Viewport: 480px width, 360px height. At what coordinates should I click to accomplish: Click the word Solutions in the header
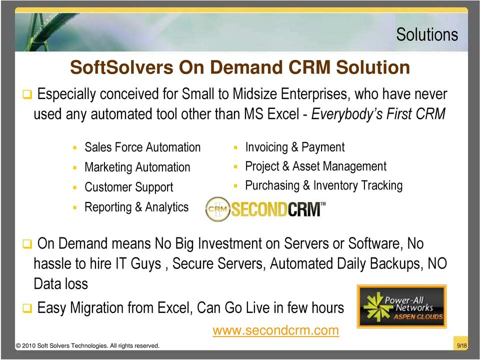click(x=427, y=34)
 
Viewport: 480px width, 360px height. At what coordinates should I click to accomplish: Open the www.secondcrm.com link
click(x=276, y=330)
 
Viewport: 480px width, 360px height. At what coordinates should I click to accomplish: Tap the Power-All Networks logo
click(x=401, y=306)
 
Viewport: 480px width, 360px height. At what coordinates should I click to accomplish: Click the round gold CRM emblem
click(x=217, y=209)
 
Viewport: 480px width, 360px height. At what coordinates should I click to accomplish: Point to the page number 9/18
click(x=462, y=345)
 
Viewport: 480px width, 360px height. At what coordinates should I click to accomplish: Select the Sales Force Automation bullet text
click(x=142, y=147)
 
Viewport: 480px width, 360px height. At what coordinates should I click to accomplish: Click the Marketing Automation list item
click(x=137, y=167)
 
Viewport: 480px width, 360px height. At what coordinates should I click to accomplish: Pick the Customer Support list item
click(x=129, y=187)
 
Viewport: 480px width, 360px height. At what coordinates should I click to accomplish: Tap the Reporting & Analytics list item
click(x=136, y=207)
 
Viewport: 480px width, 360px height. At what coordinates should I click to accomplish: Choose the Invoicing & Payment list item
click(x=295, y=147)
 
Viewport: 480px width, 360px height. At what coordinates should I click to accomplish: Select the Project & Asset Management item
click(x=315, y=166)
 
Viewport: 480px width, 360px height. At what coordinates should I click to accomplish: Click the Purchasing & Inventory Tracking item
click(x=324, y=185)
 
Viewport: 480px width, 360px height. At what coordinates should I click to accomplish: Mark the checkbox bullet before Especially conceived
click(x=27, y=94)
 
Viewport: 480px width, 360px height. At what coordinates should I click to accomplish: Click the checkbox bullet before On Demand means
click(x=27, y=244)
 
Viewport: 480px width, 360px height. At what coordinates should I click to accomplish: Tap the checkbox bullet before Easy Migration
click(x=27, y=308)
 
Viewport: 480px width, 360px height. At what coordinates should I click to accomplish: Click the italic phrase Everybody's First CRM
click(x=378, y=114)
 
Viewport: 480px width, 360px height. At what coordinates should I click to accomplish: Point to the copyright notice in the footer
click(x=87, y=346)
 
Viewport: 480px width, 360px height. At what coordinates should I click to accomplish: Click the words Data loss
click(x=60, y=284)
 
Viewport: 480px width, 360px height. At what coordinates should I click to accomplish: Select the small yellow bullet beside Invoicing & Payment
click(x=235, y=147)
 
